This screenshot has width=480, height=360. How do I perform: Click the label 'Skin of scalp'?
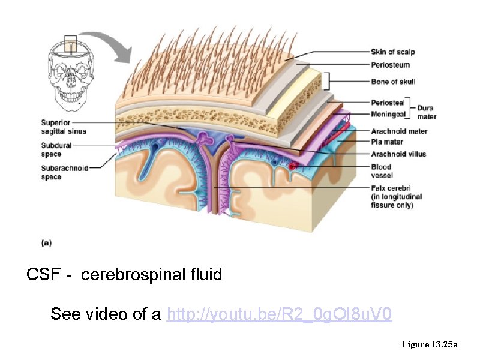(x=392, y=52)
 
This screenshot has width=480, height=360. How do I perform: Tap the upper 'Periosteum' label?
(x=389, y=64)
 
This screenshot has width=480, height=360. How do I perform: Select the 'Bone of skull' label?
(x=393, y=82)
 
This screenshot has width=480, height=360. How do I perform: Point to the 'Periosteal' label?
(x=388, y=103)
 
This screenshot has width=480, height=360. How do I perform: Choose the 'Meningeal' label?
(x=388, y=113)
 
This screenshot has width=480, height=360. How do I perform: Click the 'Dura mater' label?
(x=427, y=112)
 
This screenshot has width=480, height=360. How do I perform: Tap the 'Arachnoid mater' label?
(x=399, y=131)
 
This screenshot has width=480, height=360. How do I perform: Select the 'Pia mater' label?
(x=387, y=142)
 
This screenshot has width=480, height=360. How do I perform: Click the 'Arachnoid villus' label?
(x=398, y=154)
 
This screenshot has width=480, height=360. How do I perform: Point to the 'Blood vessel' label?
(x=382, y=171)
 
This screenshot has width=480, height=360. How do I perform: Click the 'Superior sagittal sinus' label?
(x=64, y=127)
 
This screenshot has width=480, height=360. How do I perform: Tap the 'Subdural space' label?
(x=56, y=149)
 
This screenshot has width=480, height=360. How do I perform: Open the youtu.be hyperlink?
(x=280, y=314)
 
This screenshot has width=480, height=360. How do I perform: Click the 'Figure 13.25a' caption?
(x=430, y=344)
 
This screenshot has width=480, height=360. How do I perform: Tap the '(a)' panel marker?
(x=46, y=243)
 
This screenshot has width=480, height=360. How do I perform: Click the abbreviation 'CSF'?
(x=42, y=275)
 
